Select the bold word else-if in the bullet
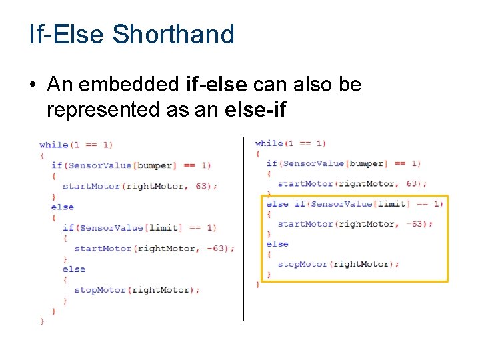coord(256,109)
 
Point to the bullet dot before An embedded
coord(33,85)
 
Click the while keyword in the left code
coord(53,145)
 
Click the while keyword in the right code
coord(269,143)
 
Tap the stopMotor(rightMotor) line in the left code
coord(136,290)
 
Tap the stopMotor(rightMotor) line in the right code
coord(338,264)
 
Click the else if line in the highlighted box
coord(354,204)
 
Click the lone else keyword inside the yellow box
coord(277,244)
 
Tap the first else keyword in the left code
coord(63,207)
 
